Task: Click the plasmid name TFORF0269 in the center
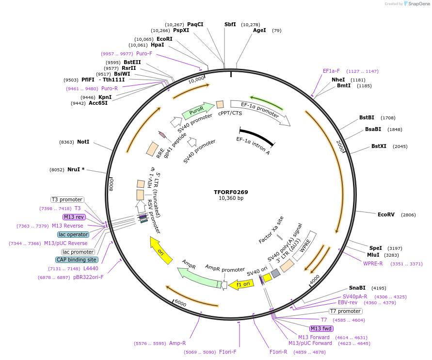231,192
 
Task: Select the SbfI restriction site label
230,24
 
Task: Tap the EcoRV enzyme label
386,214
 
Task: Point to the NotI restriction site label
83,142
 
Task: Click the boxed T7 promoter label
345,311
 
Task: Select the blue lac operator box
73,234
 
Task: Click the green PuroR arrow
198,111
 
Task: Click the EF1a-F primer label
332,71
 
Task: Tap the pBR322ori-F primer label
88,277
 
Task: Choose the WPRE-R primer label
373,263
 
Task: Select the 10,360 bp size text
231,198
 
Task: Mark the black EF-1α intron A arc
257,136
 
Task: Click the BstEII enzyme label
132,62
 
